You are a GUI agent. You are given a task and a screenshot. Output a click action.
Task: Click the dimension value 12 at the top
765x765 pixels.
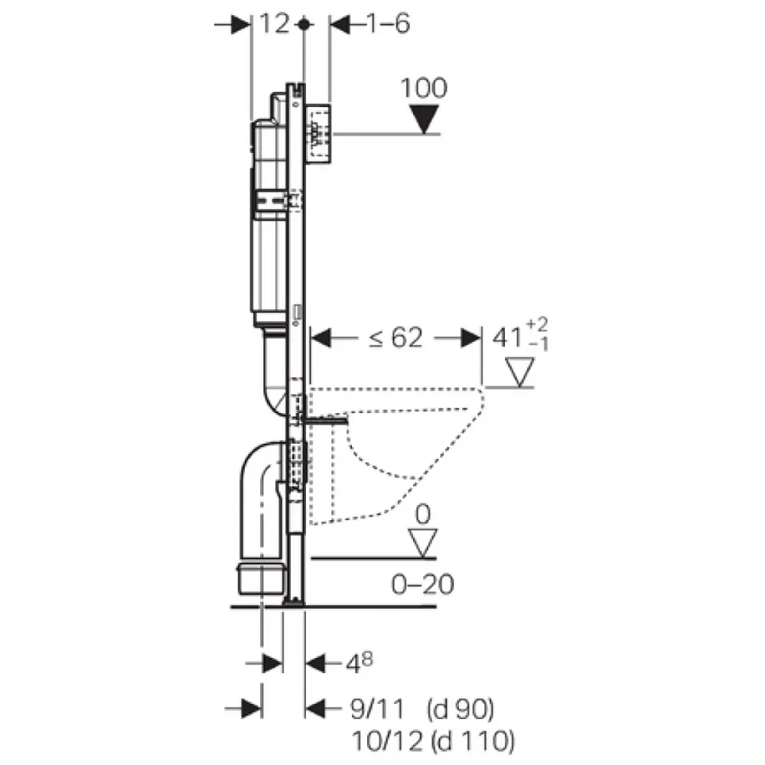pyautogui.click(x=274, y=24)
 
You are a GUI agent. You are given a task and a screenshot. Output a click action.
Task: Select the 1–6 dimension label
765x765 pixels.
pyautogui.click(x=388, y=24)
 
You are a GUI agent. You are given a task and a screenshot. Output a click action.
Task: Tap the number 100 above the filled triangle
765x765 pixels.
pyautogui.click(x=424, y=88)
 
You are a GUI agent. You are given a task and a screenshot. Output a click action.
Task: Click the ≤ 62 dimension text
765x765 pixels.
pyautogui.click(x=396, y=337)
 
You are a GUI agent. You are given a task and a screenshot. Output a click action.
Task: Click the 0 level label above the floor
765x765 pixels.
pyautogui.click(x=422, y=514)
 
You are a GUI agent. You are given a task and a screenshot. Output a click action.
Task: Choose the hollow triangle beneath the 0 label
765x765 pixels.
pyautogui.click(x=422, y=543)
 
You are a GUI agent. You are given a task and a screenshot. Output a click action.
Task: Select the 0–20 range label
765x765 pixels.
pyautogui.click(x=422, y=584)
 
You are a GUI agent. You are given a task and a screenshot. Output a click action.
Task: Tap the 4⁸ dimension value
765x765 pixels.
pyautogui.click(x=360, y=662)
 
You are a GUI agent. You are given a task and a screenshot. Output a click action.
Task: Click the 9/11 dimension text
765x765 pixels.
pyautogui.click(x=377, y=709)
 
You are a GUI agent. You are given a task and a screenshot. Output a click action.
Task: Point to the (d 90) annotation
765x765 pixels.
pyautogui.click(x=460, y=710)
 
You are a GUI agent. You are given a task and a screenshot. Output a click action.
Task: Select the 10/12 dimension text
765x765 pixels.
pyautogui.click(x=387, y=741)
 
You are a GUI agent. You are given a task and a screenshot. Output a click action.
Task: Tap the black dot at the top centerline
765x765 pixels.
pyautogui.click(x=304, y=24)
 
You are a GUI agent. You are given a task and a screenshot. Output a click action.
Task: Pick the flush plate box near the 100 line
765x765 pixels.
pyautogui.click(x=318, y=133)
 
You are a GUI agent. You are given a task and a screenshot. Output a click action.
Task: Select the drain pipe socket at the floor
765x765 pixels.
pyautogui.click(x=261, y=579)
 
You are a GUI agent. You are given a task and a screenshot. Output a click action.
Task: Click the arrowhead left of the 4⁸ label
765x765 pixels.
pyautogui.click(x=315, y=663)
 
